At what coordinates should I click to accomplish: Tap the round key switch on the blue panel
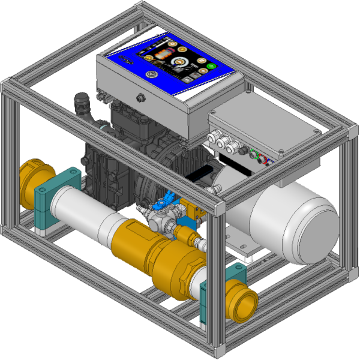point(152,74)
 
